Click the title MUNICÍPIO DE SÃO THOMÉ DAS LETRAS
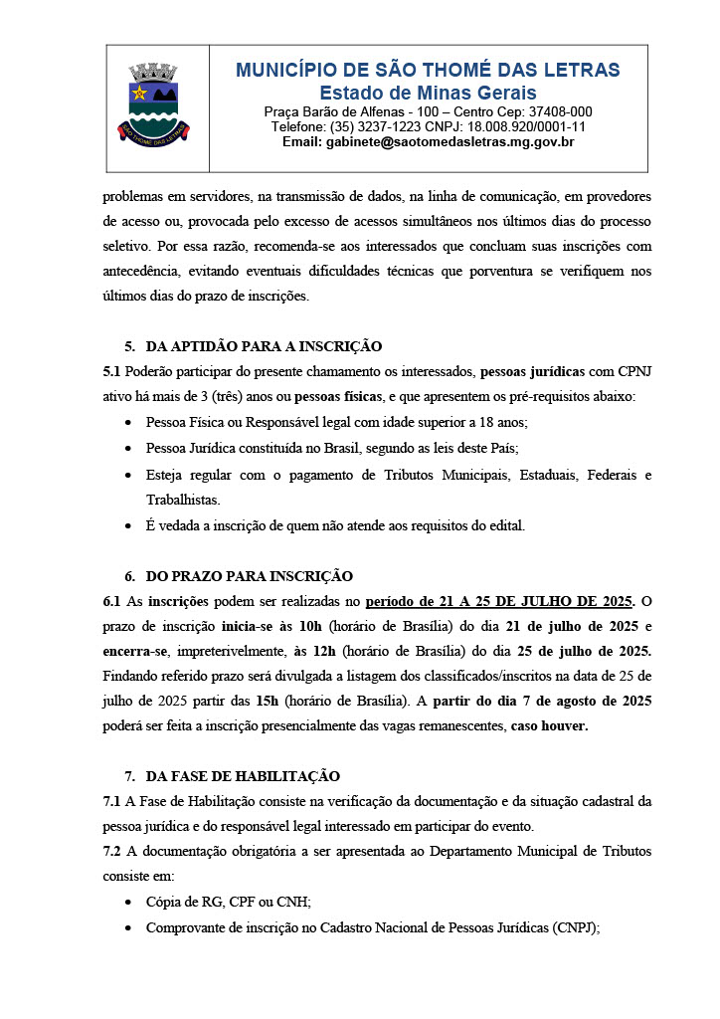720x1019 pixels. click(428, 70)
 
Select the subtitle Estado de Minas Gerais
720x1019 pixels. click(428, 93)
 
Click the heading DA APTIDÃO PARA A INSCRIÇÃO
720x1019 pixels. click(264, 346)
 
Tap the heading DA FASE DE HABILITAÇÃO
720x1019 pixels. click(243, 775)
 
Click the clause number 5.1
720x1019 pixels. click(112, 372)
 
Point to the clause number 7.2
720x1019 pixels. click(112, 851)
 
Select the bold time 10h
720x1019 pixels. click(314, 627)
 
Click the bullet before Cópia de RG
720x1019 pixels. click(130, 903)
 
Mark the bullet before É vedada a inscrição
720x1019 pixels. click(130, 524)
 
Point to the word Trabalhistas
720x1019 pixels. click(184, 500)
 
